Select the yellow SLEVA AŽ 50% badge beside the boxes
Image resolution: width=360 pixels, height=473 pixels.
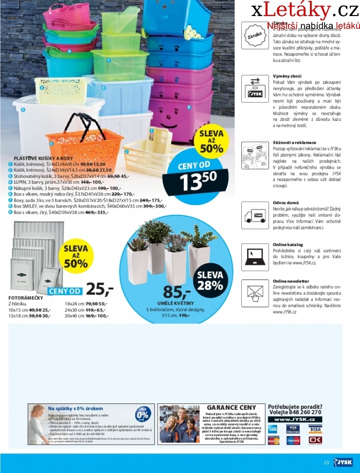(x=211, y=141)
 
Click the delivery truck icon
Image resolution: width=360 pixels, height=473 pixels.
(x=255, y=214)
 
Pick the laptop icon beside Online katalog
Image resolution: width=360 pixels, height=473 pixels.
(x=255, y=256)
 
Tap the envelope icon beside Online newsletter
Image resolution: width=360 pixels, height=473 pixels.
(x=255, y=294)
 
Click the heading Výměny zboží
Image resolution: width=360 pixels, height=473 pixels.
(x=287, y=77)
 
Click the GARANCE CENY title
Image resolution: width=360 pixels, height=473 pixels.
(x=232, y=407)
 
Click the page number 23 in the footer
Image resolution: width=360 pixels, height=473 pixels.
(x=326, y=462)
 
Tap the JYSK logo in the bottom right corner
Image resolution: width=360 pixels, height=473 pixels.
(x=344, y=462)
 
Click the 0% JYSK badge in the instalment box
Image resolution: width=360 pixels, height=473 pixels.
(x=143, y=416)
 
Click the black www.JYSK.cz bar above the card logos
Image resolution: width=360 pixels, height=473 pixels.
(x=294, y=419)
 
